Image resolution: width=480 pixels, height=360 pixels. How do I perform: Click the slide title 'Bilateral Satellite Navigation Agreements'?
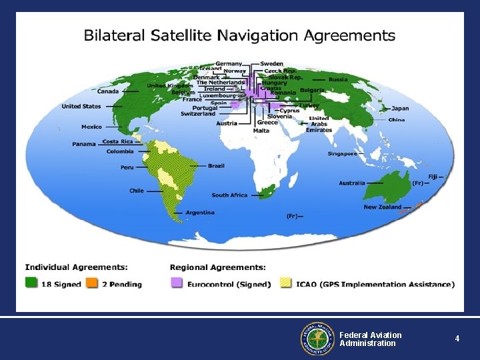click(x=239, y=35)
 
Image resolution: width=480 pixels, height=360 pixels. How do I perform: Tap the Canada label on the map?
click(x=108, y=91)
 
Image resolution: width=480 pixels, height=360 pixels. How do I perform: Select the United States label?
click(x=81, y=106)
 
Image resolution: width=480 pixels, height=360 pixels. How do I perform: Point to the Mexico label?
click(x=91, y=127)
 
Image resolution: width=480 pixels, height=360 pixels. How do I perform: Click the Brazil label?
click(x=216, y=165)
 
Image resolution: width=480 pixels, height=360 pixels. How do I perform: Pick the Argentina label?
click(x=200, y=212)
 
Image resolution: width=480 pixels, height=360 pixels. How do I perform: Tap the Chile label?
click(x=137, y=191)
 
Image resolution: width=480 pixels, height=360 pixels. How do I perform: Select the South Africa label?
click(x=229, y=195)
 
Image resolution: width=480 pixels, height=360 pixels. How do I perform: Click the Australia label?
click(x=351, y=183)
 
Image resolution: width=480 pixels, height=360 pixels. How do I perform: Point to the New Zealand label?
click(x=382, y=207)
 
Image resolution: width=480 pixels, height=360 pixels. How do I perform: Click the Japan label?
click(x=400, y=108)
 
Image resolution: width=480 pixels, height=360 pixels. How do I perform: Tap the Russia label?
click(x=338, y=79)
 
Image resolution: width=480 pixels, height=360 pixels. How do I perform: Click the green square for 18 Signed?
click(x=31, y=283)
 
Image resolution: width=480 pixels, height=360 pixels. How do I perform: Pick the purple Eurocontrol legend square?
click(x=177, y=283)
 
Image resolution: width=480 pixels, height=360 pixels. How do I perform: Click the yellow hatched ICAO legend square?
click(x=285, y=283)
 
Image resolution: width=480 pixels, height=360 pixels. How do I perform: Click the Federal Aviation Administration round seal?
click(x=316, y=339)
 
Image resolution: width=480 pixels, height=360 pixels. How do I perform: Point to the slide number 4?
click(x=457, y=339)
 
